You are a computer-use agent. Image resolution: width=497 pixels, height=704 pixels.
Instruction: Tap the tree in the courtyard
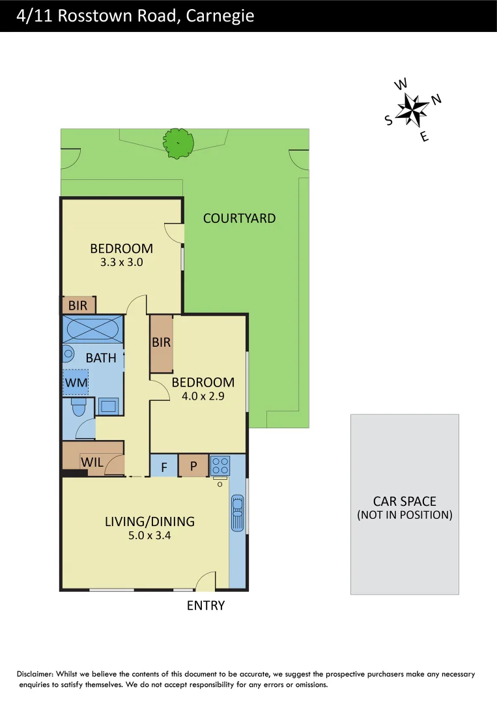(178, 143)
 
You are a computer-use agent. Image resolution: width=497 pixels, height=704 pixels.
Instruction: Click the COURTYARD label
(239, 218)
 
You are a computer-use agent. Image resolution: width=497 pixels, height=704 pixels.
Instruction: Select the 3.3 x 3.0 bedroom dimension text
(121, 263)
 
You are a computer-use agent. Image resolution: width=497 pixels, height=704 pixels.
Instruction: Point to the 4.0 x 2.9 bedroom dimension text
(203, 396)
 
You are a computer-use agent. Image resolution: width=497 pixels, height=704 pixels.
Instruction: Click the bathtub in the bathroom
(92, 328)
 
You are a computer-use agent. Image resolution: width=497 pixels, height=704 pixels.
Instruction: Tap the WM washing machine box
(76, 383)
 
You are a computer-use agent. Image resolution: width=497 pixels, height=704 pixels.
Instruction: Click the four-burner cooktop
(220, 465)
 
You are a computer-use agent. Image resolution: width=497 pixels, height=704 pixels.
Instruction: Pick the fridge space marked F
(164, 467)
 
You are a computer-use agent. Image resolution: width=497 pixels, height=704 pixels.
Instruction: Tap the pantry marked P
(193, 467)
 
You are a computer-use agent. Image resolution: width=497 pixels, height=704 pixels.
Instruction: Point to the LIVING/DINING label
(150, 521)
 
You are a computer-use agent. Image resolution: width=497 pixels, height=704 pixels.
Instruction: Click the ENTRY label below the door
(205, 606)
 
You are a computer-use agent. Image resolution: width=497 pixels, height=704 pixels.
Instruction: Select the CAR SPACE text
(405, 501)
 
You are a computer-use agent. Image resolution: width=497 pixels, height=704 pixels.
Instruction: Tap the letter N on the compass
(436, 99)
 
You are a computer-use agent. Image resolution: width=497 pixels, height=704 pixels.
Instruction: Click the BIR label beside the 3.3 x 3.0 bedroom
(78, 305)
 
